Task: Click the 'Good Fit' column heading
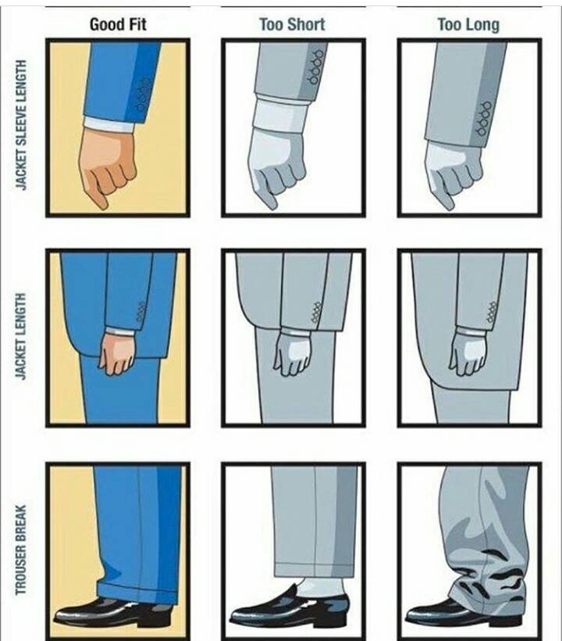pyautogui.click(x=118, y=24)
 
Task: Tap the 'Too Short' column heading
pyautogui.click(x=292, y=24)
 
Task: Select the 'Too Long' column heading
pyautogui.click(x=468, y=24)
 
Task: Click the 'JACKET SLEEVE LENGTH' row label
pyautogui.click(x=21, y=125)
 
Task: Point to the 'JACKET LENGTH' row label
pyautogui.click(x=21, y=336)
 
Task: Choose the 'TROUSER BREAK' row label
pyautogui.click(x=21, y=550)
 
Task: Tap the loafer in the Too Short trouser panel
pyautogui.click(x=290, y=609)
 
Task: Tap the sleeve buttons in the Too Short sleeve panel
pyautogui.click(x=316, y=67)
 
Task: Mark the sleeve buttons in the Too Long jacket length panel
pyautogui.click(x=492, y=313)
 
